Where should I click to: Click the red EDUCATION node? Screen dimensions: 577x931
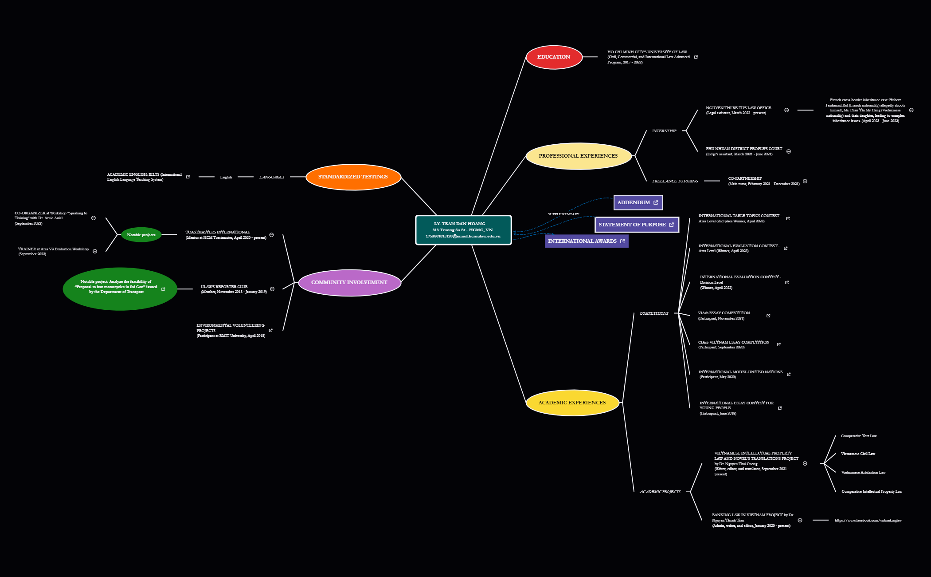[554, 57]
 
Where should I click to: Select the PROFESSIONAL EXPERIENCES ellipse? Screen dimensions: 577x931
[578, 156]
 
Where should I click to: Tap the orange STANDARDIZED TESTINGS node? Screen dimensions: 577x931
[353, 177]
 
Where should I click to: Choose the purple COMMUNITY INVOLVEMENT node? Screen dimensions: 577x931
[349, 283]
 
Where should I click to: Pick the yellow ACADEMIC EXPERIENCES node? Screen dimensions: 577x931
[572, 403]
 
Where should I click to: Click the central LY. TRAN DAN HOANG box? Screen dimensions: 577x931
[463, 230]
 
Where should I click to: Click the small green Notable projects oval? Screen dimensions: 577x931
[141, 235]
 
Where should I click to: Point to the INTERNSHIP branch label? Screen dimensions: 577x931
[664, 131]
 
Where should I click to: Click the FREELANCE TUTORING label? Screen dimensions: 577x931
[675, 181]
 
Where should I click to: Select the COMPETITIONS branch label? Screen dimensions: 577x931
[654, 313]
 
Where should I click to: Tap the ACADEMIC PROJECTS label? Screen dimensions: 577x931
[660, 492]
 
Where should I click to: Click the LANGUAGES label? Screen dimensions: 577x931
[272, 177]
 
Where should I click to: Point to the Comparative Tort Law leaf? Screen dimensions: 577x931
[858, 436]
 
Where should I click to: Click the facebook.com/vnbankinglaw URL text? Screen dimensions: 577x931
[868, 520]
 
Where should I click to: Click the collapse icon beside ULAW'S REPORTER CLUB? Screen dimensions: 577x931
[272, 289]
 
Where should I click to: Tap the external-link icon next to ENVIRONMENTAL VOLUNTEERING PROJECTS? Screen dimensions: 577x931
[271, 330]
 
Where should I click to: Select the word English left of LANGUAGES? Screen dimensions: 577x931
[226, 177]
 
